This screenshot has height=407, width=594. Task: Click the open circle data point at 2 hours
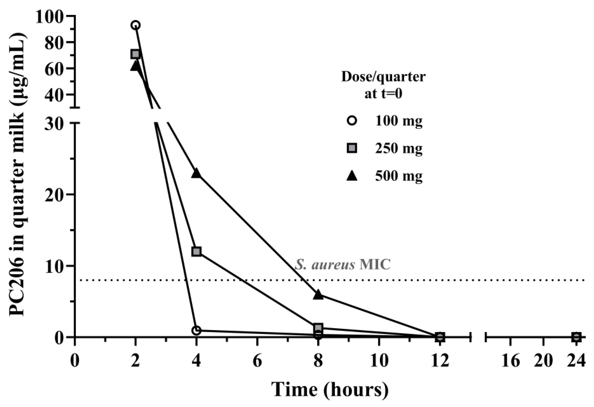coord(136,25)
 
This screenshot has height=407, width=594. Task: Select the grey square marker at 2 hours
coord(135,54)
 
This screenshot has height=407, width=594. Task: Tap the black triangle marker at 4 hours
coord(196,173)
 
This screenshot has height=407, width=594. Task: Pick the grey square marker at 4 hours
coord(196,251)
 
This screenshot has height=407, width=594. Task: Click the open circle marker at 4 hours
coord(196,330)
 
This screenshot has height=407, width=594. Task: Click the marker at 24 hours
coord(576,337)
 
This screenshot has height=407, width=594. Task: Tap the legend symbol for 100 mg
coord(352,121)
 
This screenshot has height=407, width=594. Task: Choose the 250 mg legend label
coord(399,148)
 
